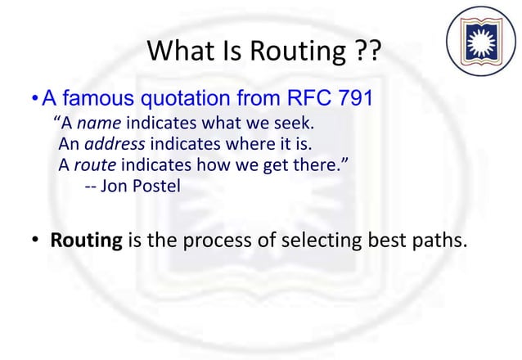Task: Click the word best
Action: point(384,242)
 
